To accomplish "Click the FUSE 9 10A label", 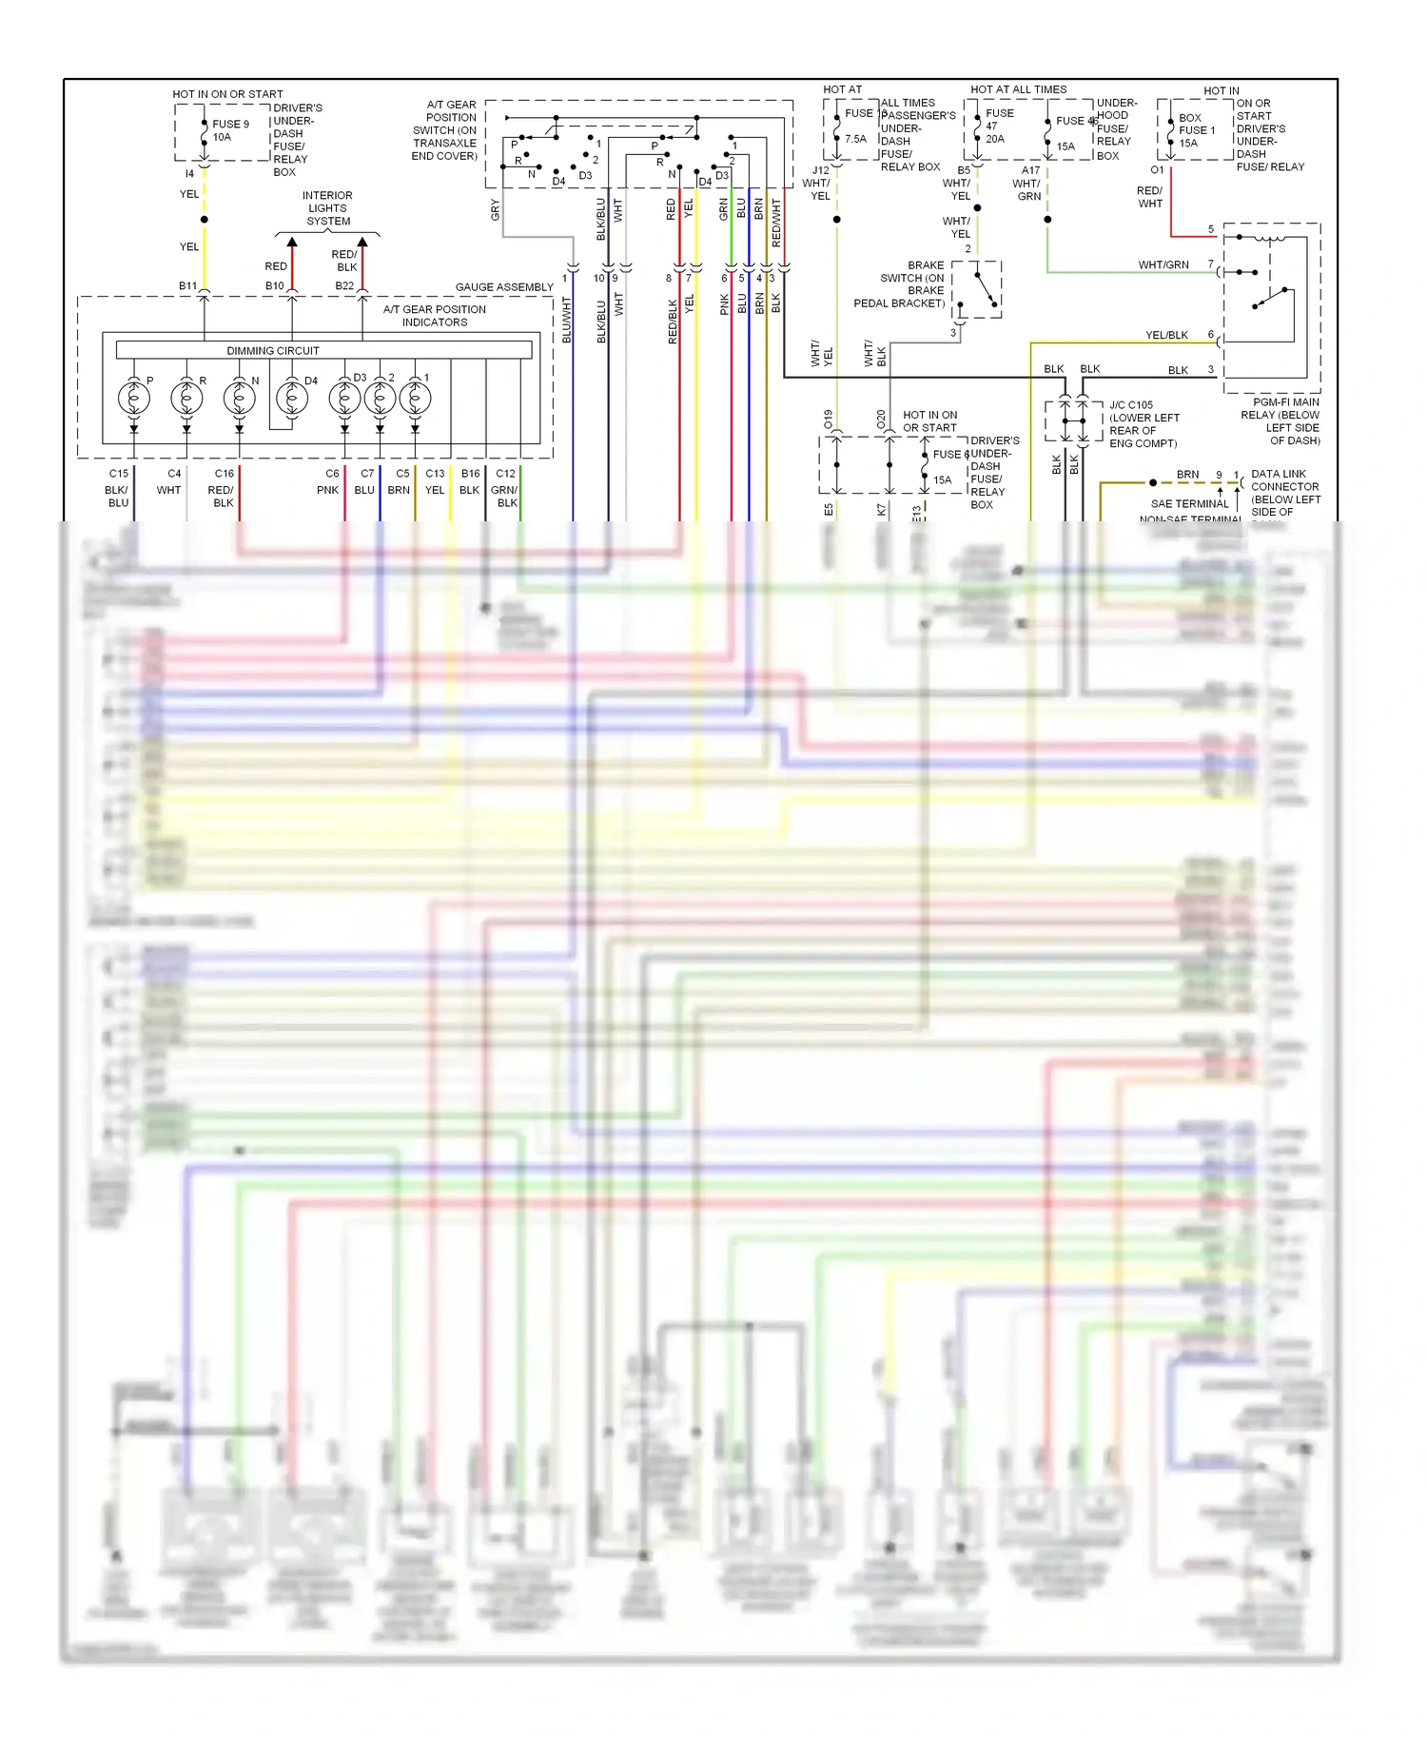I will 229,130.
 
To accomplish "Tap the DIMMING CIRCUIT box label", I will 273,351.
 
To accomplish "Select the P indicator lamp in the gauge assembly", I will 134,398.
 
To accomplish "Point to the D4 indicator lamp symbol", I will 292,398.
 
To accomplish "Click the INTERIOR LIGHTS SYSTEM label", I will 328,208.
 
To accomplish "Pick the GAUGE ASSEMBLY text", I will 504,287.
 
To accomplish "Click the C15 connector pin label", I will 119,474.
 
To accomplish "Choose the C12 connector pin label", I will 506,474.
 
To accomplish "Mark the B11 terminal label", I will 188,286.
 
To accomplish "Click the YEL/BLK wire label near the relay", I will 1166,336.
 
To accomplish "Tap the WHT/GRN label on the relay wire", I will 1163,265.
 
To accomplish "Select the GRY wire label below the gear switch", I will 496,210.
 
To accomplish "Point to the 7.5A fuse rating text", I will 856,139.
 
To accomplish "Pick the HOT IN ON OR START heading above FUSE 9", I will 227,94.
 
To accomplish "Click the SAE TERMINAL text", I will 1189,504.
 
